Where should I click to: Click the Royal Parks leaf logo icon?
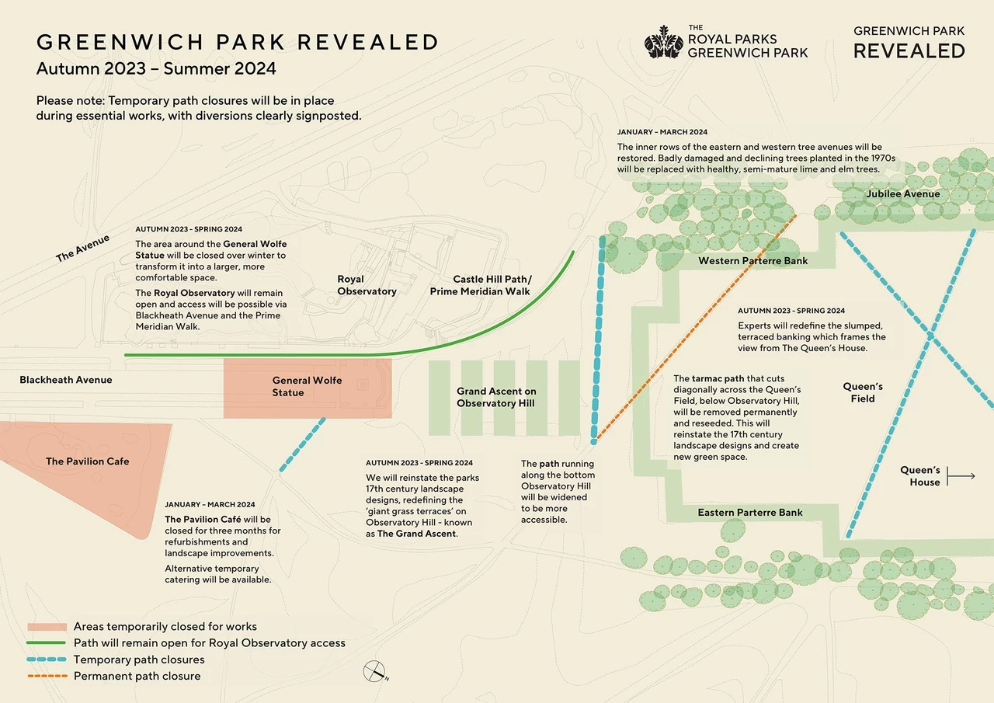[x=663, y=42]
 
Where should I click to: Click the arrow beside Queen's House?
[x=961, y=476]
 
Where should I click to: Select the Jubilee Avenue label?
[x=903, y=194]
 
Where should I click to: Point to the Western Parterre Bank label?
[x=752, y=261]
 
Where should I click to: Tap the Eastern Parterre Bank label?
[x=750, y=513]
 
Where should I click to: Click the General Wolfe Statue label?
[x=308, y=387]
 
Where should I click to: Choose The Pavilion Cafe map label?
[x=87, y=461]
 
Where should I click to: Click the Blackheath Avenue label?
[x=66, y=380]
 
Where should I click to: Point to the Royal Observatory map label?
[x=367, y=285]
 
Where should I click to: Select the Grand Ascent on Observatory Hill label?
[x=496, y=397]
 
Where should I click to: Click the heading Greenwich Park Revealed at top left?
[x=238, y=42]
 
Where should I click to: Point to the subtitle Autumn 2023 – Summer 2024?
[x=156, y=68]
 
